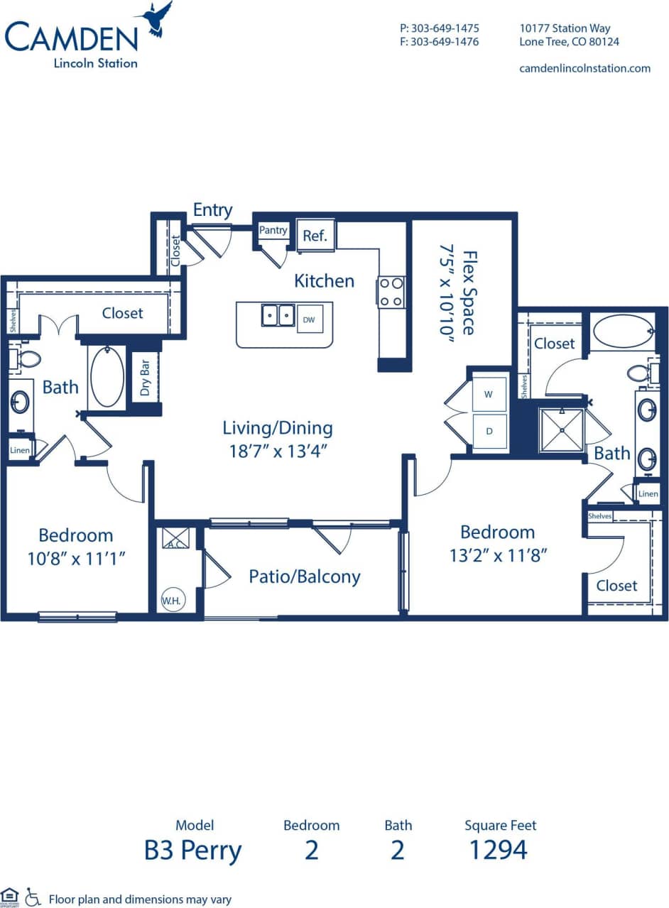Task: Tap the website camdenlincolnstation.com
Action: (585, 68)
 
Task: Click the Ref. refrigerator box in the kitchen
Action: (315, 236)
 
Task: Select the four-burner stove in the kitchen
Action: (391, 292)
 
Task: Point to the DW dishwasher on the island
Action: (309, 320)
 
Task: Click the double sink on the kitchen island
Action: (278, 314)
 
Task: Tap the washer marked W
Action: (489, 395)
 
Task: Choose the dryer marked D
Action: (489, 430)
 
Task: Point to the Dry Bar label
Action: (145, 377)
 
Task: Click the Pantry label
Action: (273, 230)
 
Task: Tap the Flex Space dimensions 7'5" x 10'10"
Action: (447, 293)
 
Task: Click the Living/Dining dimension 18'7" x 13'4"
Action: (278, 450)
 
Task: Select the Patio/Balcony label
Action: (304, 576)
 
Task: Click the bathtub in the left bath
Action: (107, 377)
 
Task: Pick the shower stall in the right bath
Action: (561, 430)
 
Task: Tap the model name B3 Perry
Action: (193, 849)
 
